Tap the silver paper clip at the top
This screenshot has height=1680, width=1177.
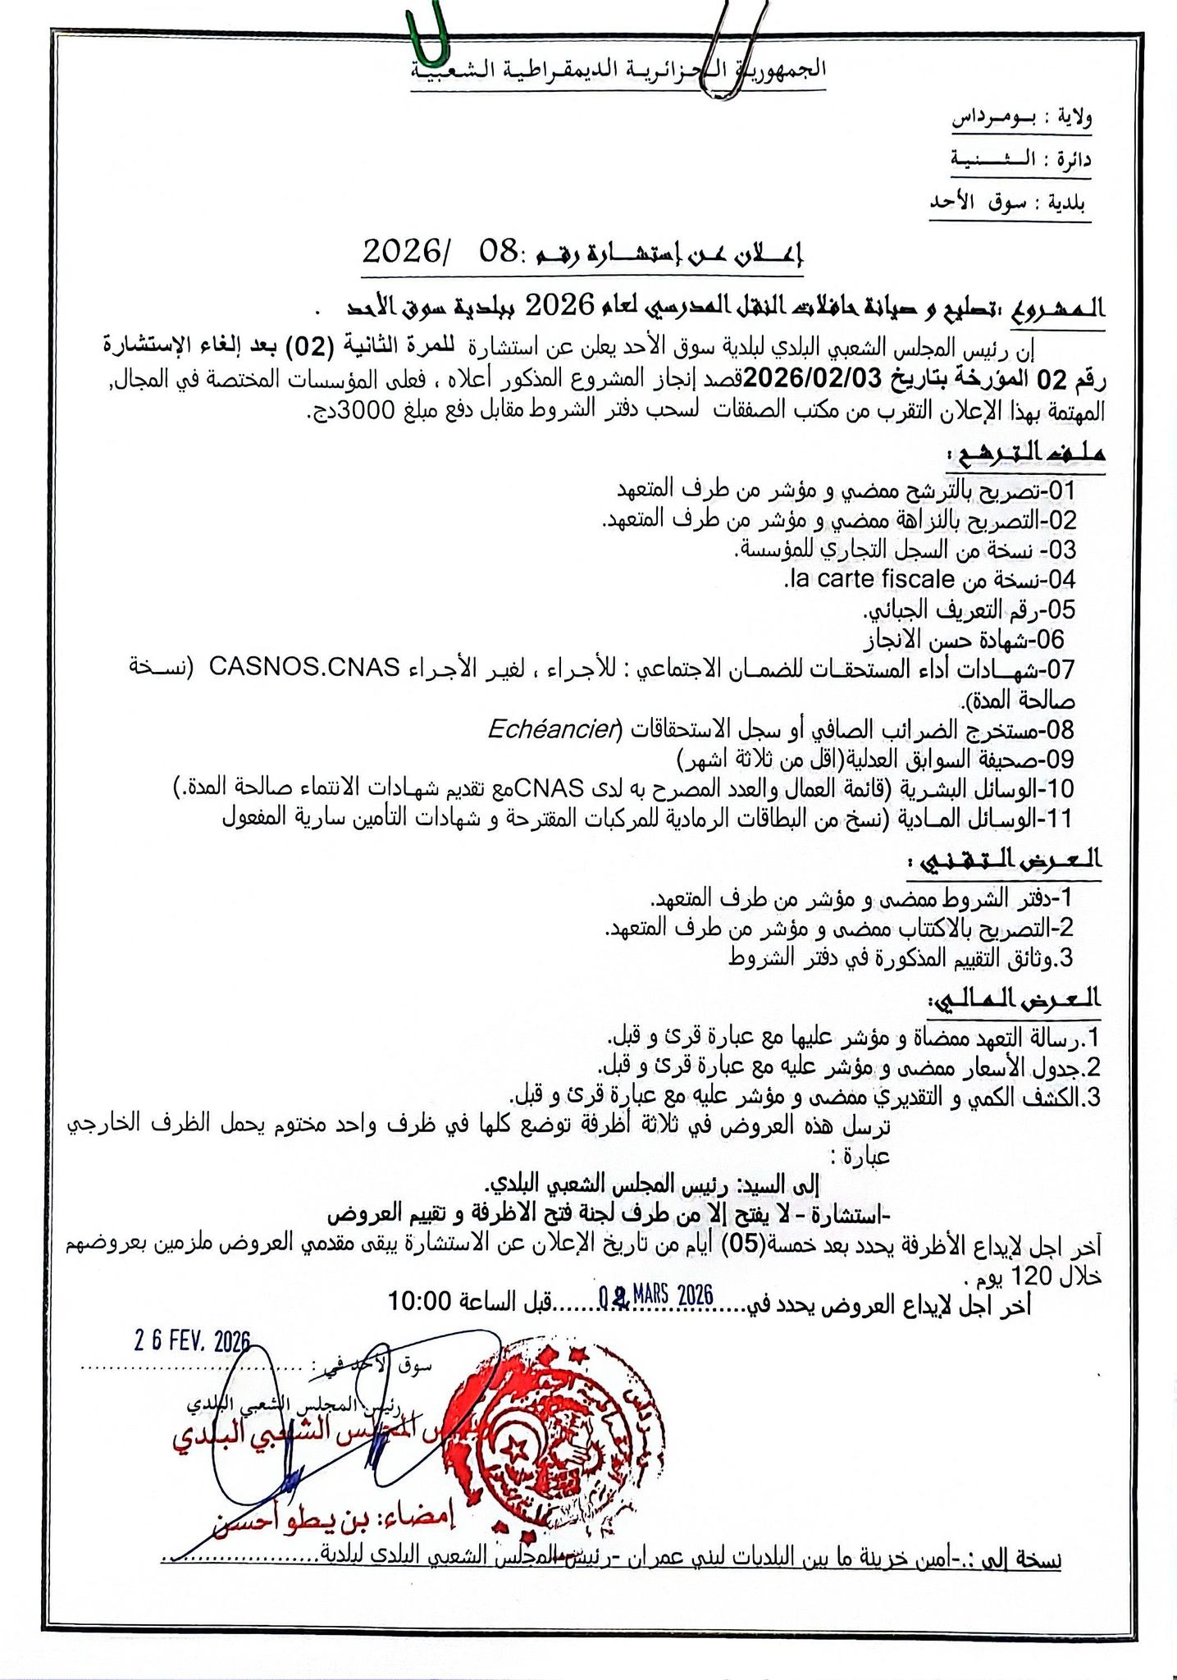click(x=723, y=45)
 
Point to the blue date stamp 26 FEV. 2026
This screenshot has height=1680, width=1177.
click(x=192, y=1342)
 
